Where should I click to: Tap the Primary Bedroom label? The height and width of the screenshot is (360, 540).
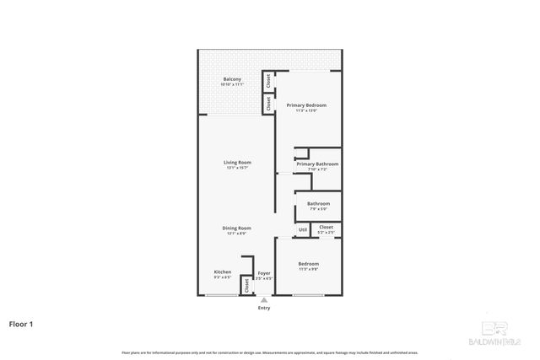click(306, 105)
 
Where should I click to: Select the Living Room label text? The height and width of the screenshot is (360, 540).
click(237, 162)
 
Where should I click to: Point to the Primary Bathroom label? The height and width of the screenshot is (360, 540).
click(317, 164)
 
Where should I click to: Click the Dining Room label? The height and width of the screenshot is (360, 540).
click(237, 228)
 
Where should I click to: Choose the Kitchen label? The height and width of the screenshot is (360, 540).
click(223, 271)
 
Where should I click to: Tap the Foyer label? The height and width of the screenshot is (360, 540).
click(264, 272)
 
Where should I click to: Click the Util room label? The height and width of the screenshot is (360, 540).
click(302, 230)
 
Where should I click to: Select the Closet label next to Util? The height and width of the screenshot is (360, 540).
click(326, 226)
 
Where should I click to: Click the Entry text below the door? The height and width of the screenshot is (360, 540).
click(264, 308)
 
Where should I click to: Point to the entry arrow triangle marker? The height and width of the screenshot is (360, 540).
click(264, 299)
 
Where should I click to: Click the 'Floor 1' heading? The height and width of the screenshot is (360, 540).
click(22, 323)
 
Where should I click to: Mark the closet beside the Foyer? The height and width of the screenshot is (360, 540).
click(246, 285)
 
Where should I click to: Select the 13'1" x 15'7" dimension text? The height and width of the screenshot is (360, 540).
click(237, 168)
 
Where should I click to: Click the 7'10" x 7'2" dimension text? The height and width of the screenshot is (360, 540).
click(317, 169)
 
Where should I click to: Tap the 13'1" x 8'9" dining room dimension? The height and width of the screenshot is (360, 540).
click(237, 234)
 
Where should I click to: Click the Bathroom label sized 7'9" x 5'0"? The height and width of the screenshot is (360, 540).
click(318, 203)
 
